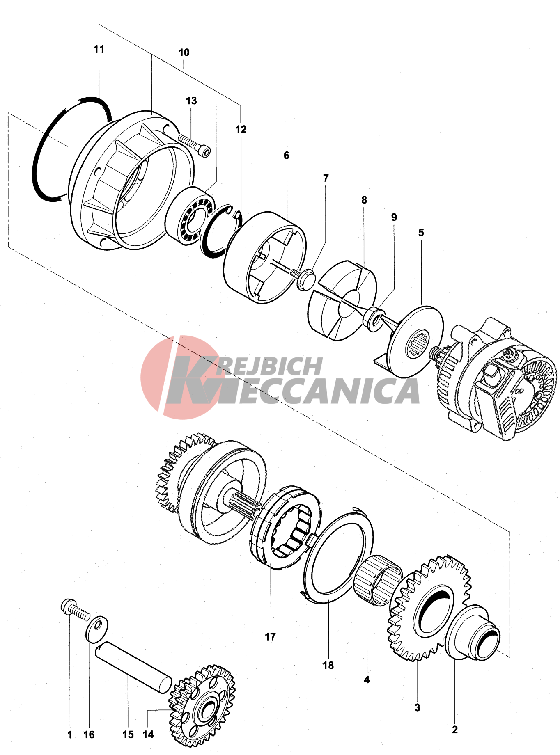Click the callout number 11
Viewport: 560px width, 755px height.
pos(99,49)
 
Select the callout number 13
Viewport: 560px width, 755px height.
pos(191,101)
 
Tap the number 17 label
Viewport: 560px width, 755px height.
pos(270,637)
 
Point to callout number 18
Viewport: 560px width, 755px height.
pos(328,665)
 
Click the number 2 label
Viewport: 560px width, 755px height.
pos(455,730)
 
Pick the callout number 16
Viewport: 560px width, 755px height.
pos(89,734)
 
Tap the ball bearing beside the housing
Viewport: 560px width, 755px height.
pos(190,215)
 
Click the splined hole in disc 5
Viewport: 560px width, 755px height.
pos(418,343)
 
